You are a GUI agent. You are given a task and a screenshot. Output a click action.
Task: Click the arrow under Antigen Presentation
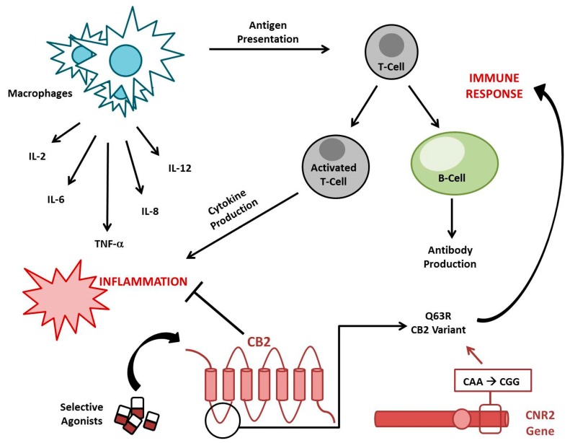[x=269, y=50]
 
